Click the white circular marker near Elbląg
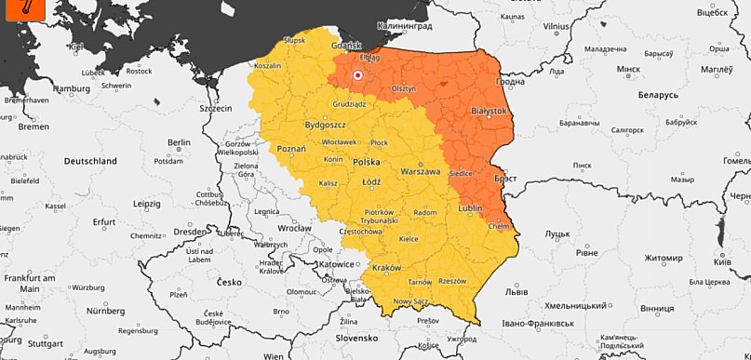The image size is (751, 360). coord(357,74)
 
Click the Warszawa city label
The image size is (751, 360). coord(419,172)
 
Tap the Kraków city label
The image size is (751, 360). coord(385,268)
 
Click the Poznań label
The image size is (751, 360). coord(291,148)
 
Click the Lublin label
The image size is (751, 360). coord(471,209)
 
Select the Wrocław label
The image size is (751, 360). coord(294,227)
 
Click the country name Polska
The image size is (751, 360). coord(366,162)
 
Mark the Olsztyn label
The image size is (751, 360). coord(403,87)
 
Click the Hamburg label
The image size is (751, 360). coord(71,89)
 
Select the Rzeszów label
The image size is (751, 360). coord(451,280)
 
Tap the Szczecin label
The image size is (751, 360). coord(214,109)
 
